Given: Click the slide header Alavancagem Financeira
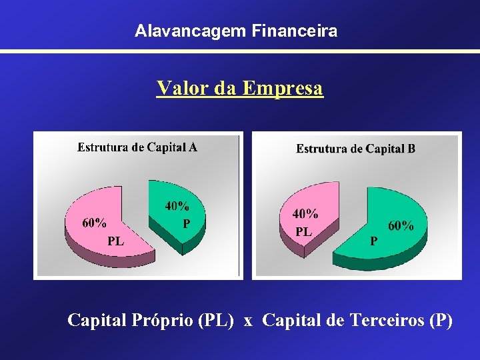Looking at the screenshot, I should pyautogui.click(x=235, y=31).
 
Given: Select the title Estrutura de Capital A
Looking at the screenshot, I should pyautogui.click(x=137, y=147).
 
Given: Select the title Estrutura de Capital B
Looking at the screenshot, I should pyautogui.click(x=355, y=149).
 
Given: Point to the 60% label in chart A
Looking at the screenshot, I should pyautogui.click(x=93, y=223).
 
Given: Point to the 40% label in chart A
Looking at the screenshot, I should pyautogui.click(x=177, y=207).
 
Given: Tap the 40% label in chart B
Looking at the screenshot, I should pyautogui.click(x=305, y=215).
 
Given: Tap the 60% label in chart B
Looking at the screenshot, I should pyautogui.click(x=401, y=226).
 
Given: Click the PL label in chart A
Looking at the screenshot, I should pyautogui.click(x=115, y=241).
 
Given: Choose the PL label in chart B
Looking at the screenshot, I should pyautogui.click(x=303, y=232).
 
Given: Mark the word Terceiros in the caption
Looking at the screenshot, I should pyautogui.click(x=385, y=321).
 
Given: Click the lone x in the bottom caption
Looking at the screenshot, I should pyautogui.click(x=248, y=322).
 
